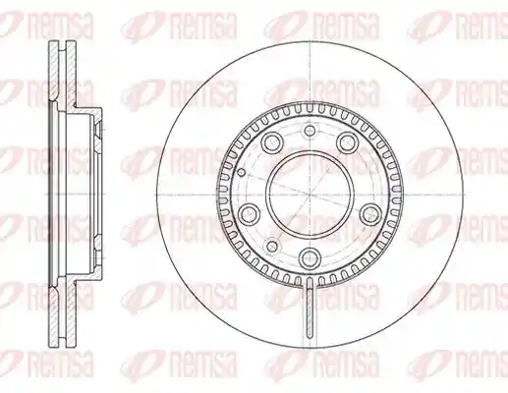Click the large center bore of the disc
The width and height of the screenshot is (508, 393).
[x=310, y=195]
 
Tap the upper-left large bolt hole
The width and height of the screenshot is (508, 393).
[x=272, y=142]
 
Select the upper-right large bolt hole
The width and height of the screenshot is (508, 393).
[x=348, y=142]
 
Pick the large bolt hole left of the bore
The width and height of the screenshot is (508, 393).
[x=251, y=214]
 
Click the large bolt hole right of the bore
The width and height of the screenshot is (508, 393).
[x=369, y=214]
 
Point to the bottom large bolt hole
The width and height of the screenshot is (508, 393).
[x=310, y=256]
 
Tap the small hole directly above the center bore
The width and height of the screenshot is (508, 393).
[x=310, y=131]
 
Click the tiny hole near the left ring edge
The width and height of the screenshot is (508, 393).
[x=241, y=172]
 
